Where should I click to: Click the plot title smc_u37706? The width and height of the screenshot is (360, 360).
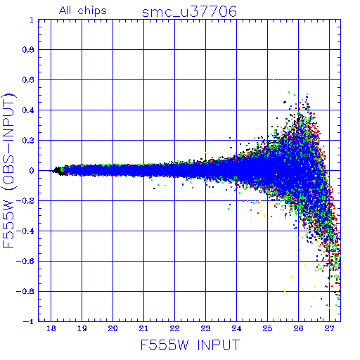189,12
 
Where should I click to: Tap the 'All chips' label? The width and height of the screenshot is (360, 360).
83,11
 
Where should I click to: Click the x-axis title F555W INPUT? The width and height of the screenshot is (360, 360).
190,345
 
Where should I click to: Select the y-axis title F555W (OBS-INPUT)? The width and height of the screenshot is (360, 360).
8,170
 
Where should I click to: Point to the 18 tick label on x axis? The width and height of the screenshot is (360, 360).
51,328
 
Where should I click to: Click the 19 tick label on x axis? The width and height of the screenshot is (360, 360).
82,328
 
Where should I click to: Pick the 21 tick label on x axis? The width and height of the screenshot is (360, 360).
143,328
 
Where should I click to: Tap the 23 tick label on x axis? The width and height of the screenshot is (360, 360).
205,328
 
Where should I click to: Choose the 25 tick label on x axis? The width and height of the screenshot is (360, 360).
267,328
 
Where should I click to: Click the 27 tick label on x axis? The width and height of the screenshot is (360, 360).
329,328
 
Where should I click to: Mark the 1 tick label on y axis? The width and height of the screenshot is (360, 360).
32,20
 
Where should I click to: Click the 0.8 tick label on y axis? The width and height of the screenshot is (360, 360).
28,50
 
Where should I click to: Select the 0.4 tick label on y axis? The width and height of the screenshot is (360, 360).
28,110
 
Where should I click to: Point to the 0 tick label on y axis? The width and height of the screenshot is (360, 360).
32,171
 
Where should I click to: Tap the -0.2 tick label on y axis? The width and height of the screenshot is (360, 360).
25,201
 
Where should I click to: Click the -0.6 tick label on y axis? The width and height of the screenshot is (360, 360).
25,261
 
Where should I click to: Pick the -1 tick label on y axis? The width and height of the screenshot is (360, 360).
29,321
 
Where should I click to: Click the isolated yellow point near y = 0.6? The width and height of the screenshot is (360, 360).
274,80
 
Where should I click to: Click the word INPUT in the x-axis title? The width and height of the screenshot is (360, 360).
219,345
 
